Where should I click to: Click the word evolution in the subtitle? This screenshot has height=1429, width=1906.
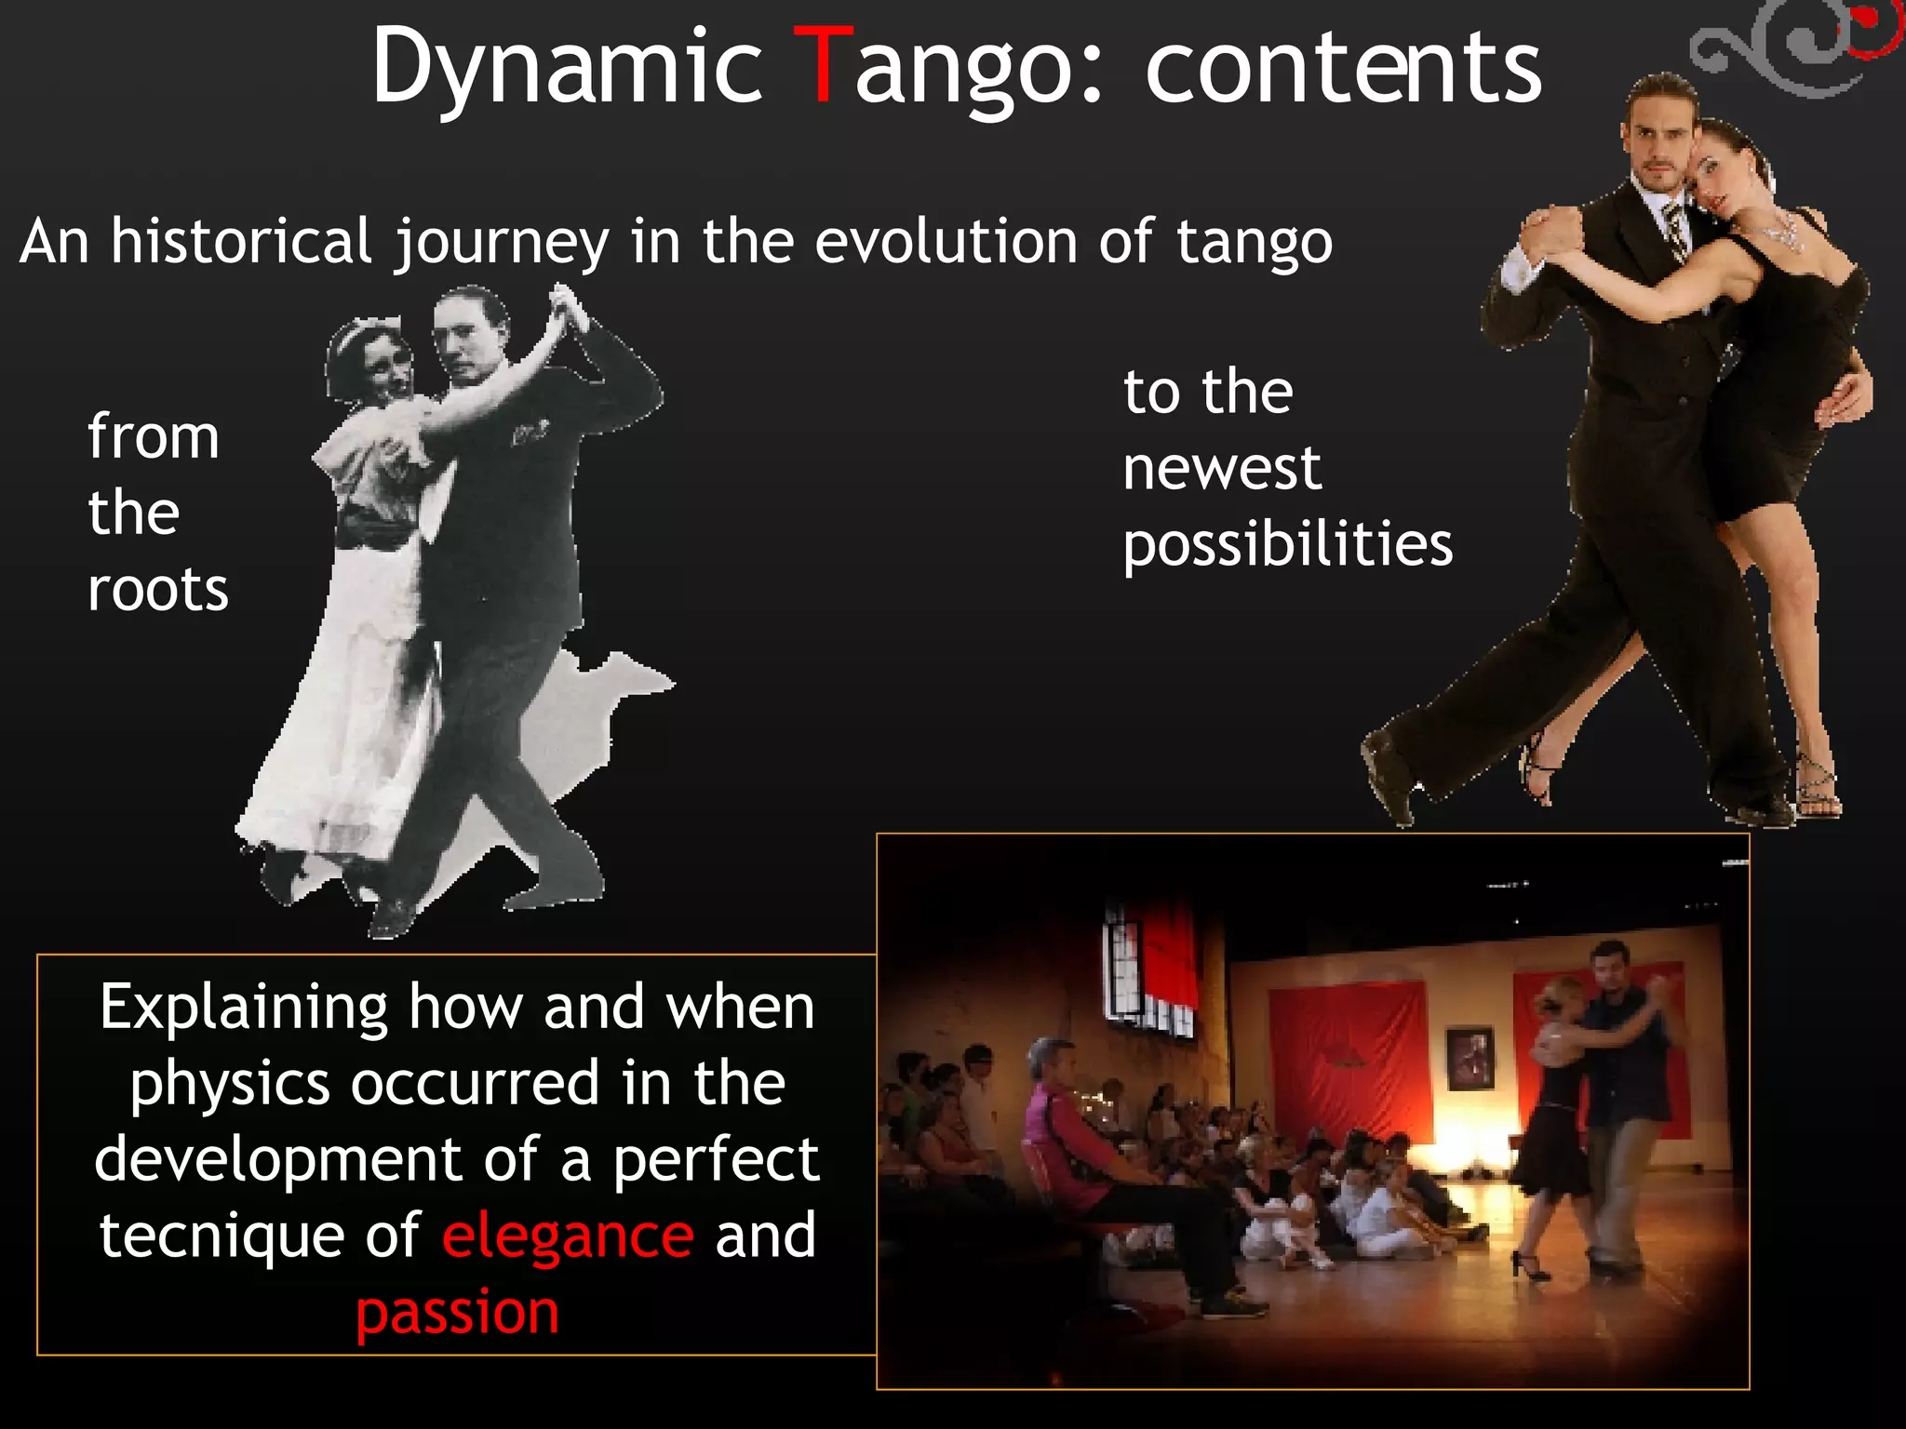(x=946, y=241)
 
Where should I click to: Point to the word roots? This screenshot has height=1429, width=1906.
(x=157, y=590)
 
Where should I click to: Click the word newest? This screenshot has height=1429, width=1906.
(x=1221, y=468)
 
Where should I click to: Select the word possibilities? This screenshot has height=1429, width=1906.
(x=1287, y=544)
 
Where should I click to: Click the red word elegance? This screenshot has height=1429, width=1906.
(x=568, y=1235)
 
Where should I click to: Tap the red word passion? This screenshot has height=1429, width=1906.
(x=457, y=1312)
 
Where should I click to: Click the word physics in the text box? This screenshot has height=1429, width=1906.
(x=229, y=1084)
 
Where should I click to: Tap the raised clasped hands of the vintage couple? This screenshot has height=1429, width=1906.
(x=565, y=307)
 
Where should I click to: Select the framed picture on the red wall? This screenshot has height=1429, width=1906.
(x=1470, y=1058)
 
